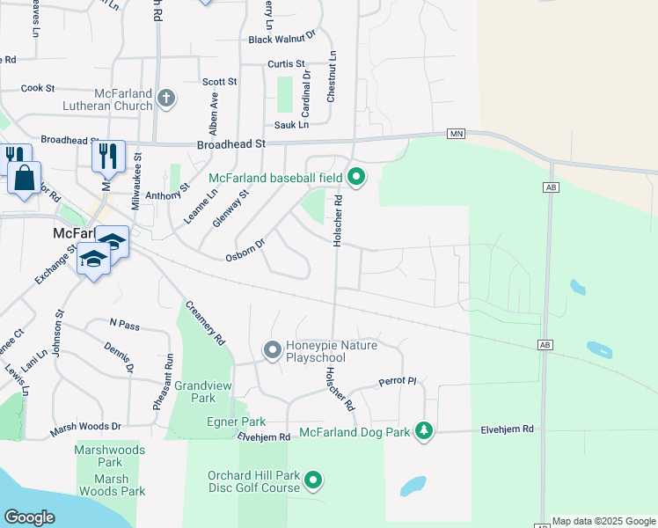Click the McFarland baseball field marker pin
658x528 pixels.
(x=356, y=178)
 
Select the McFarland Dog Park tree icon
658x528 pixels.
(x=425, y=430)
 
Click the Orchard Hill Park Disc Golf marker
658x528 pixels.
(x=313, y=481)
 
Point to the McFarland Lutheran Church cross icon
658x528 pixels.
(x=165, y=99)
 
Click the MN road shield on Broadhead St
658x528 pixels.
(x=455, y=134)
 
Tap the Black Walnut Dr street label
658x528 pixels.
(x=281, y=39)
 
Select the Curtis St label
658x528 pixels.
(x=286, y=64)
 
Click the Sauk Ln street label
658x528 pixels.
(x=291, y=126)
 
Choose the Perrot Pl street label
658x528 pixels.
(x=397, y=381)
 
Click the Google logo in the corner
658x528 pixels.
(x=29, y=517)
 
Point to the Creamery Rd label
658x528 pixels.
(x=205, y=323)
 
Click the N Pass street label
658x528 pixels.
(x=125, y=326)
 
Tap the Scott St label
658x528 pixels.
(x=220, y=82)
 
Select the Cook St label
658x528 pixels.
(x=38, y=88)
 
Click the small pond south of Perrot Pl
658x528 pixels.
(x=413, y=486)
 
